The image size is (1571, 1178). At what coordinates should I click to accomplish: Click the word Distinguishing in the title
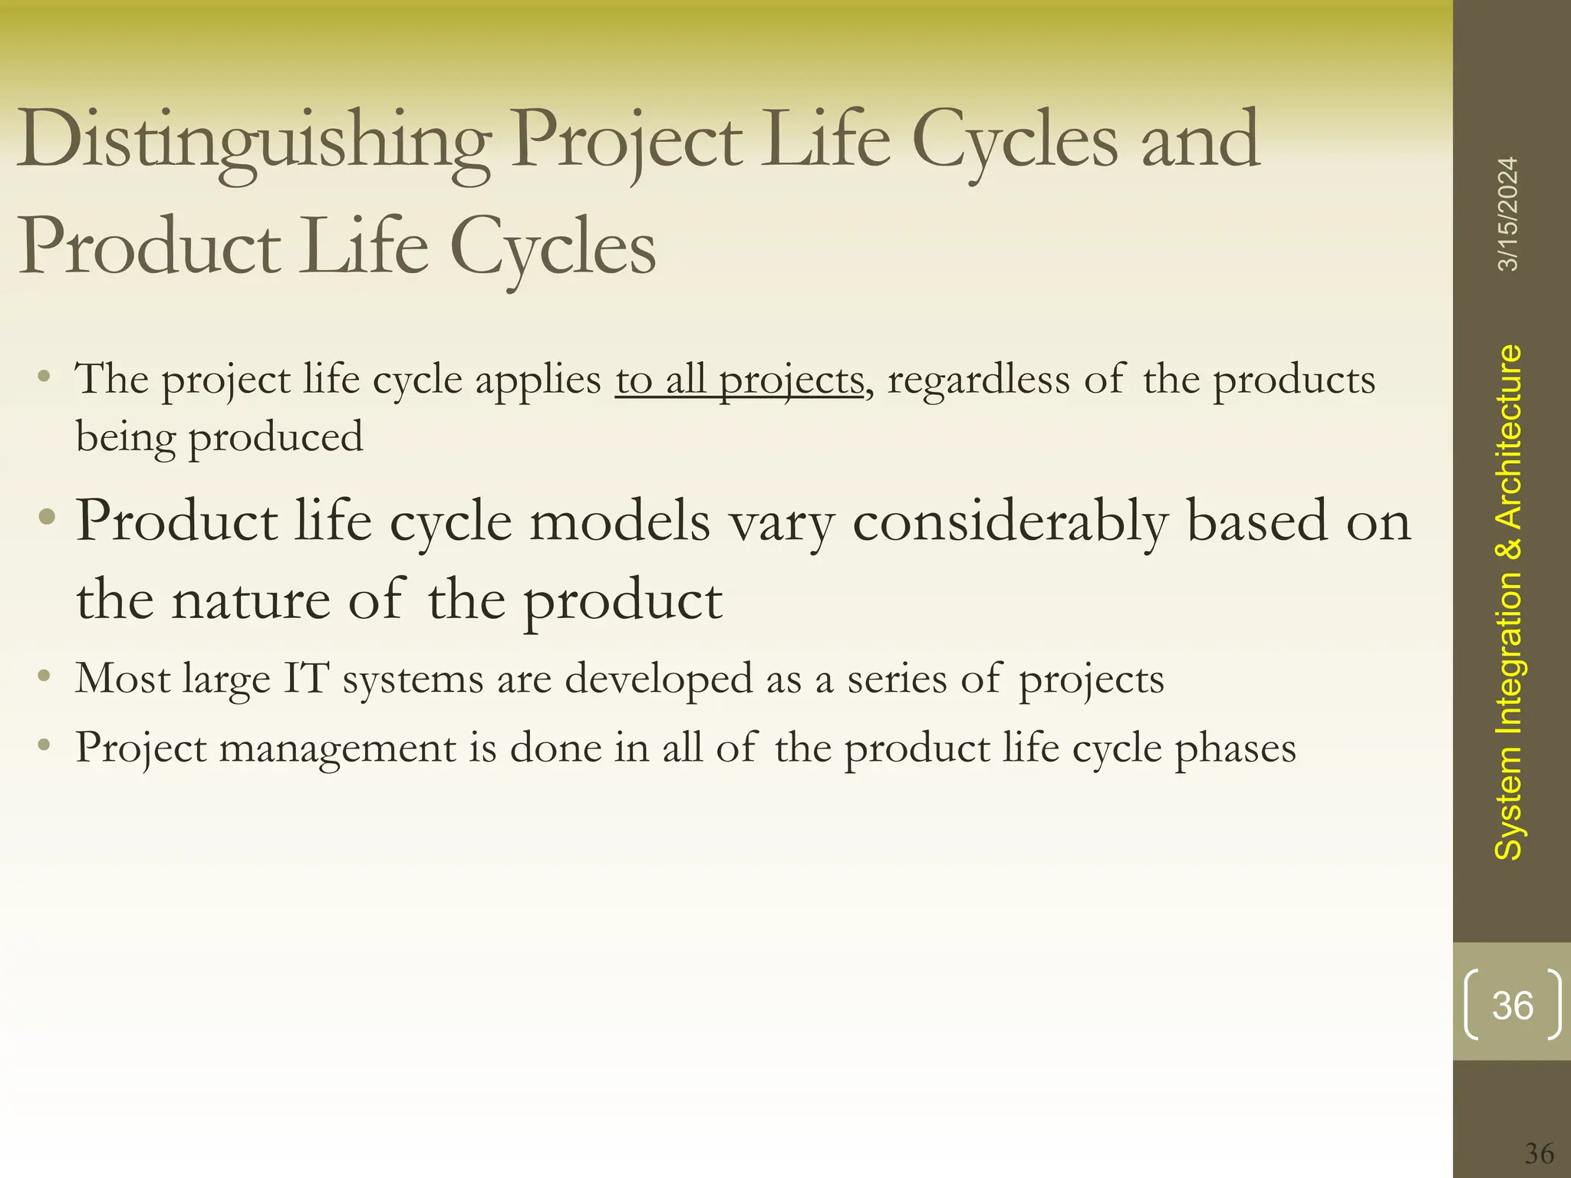coord(253,142)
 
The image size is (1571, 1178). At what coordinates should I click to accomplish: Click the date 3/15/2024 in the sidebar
coord(1508,214)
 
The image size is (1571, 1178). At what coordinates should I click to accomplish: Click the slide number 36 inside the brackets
coord(1513,1005)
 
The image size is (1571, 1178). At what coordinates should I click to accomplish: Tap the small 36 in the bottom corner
coord(1539,1153)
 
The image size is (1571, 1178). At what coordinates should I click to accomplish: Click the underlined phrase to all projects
coord(739,380)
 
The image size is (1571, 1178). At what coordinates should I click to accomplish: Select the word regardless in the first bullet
coord(978,380)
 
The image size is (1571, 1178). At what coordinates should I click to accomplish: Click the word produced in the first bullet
coord(275,438)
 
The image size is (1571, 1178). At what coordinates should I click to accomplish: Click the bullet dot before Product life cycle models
coord(47,515)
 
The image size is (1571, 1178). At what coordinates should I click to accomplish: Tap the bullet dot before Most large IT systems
coord(45,676)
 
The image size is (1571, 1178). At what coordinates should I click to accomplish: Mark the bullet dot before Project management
coord(45,744)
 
